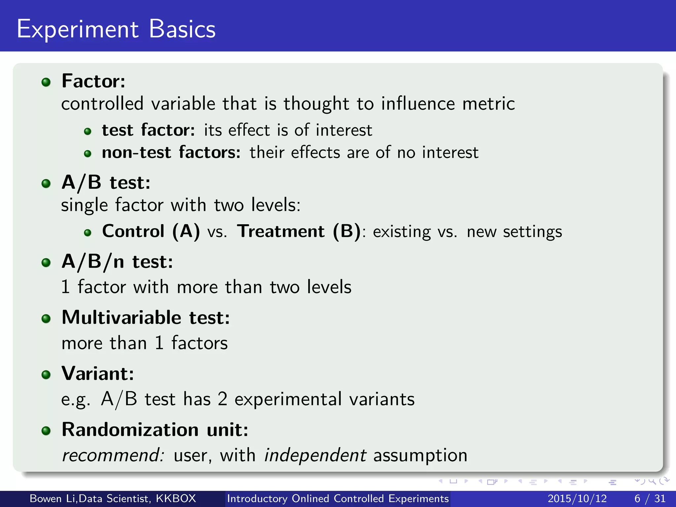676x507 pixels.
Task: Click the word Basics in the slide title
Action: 182,29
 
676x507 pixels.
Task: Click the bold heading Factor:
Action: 93,81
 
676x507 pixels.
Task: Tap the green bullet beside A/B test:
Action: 46,184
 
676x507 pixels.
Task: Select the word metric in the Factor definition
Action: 489,104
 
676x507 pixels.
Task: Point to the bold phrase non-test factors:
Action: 171,152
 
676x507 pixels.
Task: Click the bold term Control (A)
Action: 151,231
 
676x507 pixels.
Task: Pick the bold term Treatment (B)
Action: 299,231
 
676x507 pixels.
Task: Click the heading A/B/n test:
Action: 117,262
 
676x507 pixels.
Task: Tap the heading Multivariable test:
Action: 146,318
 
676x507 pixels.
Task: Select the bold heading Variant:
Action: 98,374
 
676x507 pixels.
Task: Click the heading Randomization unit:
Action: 155,430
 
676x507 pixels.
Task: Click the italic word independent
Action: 315,456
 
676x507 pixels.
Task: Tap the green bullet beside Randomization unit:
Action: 46,431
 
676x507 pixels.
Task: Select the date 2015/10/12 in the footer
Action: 577,498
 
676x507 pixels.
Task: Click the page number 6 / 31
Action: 650,498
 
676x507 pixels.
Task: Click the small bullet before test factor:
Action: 87,132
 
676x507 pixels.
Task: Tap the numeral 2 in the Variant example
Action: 222,399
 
